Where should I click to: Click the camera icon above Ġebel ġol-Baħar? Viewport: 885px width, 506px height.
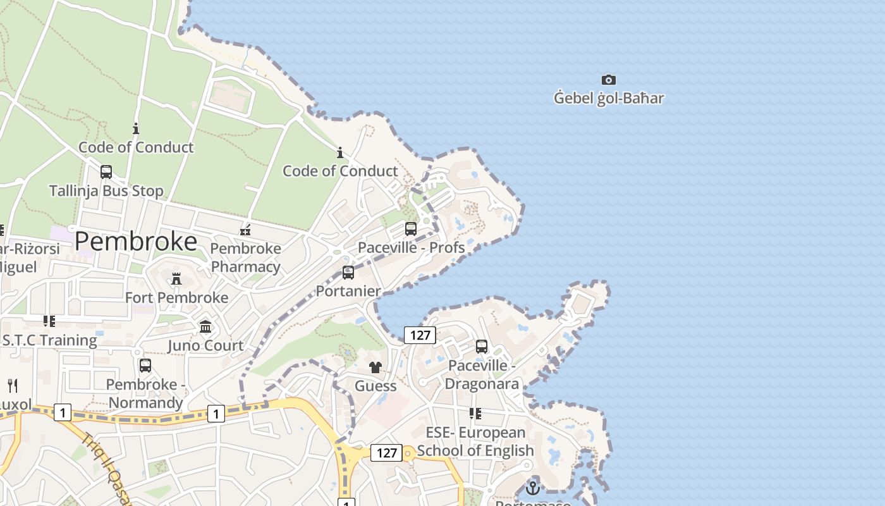tap(608, 80)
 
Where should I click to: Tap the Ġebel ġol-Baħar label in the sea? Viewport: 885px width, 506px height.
tap(608, 98)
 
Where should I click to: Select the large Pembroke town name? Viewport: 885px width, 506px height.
tap(136, 242)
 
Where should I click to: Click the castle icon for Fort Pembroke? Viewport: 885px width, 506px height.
tap(176, 278)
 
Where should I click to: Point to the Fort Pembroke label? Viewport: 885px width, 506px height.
tap(176, 297)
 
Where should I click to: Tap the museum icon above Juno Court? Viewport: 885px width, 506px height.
tap(205, 327)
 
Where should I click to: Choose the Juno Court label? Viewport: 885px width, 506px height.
tap(205, 345)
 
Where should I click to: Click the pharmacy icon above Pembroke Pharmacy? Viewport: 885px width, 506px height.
tap(245, 230)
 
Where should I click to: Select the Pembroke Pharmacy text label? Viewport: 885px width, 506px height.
tap(245, 257)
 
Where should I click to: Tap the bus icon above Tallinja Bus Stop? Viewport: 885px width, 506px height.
tap(106, 172)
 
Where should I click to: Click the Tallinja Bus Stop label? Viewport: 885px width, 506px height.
tap(106, 190)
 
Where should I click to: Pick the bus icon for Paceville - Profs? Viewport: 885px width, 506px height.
tap(411, 229)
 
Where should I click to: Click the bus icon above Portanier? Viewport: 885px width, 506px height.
tap(348, 273)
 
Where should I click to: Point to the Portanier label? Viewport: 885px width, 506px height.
tap(348, 291)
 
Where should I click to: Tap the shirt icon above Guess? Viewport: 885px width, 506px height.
tap(375, 367)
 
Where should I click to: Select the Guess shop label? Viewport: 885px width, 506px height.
tap(375, 386)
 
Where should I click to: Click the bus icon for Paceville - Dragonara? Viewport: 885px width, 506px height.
tap(482, 347)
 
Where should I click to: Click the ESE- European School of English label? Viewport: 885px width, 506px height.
tap(475, 441)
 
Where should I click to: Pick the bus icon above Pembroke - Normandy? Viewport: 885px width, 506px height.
tap(145, 366)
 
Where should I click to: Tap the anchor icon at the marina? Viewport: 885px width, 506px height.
tap(533, 488)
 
